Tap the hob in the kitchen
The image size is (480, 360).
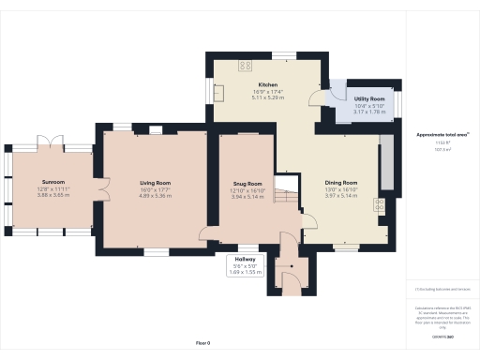coord(247,66)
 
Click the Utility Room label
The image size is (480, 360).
coord(368,98)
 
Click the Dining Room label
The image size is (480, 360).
coord(341,182)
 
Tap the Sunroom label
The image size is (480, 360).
coord(52,181)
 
